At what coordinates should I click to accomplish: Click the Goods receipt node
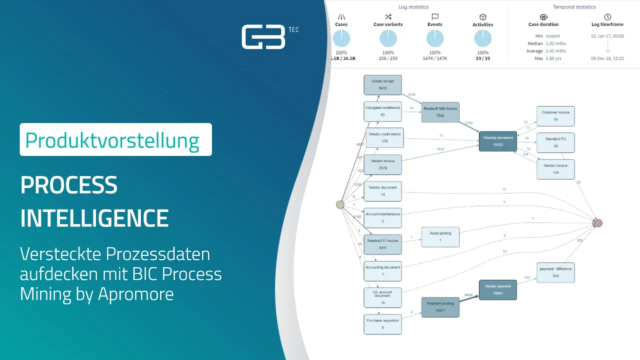(382, 84)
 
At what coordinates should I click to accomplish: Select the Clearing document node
(497, 141)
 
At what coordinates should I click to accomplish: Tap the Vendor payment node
(497, 290)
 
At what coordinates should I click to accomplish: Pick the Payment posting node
(440, 307)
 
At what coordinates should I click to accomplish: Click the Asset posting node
(440, 237)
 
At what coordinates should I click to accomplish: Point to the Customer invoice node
(555, 116)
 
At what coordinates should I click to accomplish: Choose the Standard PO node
(555, 142)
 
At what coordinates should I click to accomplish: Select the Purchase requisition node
(382, 324)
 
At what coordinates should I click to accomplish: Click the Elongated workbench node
(382, 111)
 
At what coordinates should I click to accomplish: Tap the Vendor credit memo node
(384, 137)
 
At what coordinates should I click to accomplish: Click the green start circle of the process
(340, 204)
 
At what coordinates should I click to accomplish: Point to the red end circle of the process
(598, 223)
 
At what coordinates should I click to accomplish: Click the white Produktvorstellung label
(115, 139)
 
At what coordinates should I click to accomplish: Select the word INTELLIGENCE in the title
(94, 218)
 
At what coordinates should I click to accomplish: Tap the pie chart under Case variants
(388, 39)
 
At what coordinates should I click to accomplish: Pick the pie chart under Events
(435, 39)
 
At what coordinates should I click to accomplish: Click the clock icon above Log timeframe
(607, 17)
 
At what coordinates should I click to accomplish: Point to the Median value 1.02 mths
(555, 43)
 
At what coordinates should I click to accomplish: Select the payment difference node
(555, 272)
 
